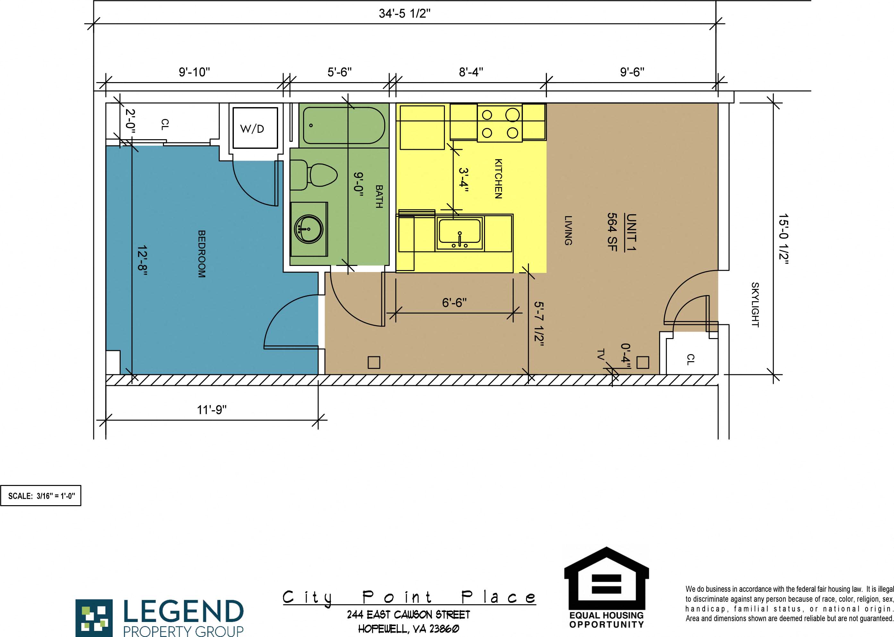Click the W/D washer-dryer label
[252, 129]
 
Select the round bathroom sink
[308, 229]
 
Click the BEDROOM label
[201, 254]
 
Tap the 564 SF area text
[612, 232]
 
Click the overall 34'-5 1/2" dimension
[404, 14]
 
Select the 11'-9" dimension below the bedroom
[211, 410]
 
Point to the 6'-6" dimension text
[454, 303]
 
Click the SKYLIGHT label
[755, 305]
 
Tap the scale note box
[41, 496]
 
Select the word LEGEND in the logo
[183, 612]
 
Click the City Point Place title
[409, 597]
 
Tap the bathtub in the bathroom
[344, 125]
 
